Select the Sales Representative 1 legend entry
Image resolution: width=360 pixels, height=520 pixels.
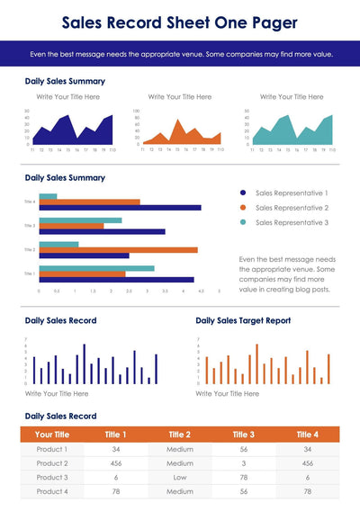coord(292,193)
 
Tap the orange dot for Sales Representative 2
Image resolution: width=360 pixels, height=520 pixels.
coord(243,207)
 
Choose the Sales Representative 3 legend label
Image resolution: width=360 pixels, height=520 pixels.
coord(292,222)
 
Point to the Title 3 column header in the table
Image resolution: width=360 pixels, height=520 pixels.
coord(243,435)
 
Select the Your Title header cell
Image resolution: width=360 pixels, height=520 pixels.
coord(51,435)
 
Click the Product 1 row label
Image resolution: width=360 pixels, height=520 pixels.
coord(51,449)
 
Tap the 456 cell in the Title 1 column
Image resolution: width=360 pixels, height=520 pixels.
coord(116,463)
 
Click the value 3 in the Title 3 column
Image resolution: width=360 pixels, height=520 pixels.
coord(243,463)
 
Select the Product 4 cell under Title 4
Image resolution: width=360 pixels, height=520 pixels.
coord(307,492)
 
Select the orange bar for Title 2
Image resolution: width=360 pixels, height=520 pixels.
coord(117,250)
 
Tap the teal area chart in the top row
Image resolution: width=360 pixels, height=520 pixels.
coord(292,130)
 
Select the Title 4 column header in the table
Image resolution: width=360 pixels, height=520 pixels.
coord(307,435)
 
